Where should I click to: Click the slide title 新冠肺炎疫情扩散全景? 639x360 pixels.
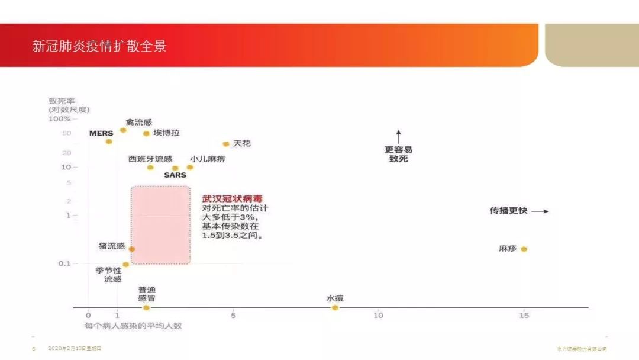pos(99,46)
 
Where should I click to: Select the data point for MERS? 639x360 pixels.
pos(109,141)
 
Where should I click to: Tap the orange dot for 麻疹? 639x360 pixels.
pos(524,249)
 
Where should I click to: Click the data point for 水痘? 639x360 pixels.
pos(335,307)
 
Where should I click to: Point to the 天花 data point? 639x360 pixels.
pos(225,144)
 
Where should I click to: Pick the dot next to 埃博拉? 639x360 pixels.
pos(146,133)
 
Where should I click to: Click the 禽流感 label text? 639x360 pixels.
pos(139,122)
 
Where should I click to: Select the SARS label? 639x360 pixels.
pos(175,175)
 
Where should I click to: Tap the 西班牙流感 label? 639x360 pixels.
pos(150,159)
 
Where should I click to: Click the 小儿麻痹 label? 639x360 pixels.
pos(208,159)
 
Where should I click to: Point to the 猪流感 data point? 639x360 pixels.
pos(131,249)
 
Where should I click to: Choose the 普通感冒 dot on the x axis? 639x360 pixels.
pos(147,307)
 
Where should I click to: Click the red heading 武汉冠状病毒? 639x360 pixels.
pos(233,198)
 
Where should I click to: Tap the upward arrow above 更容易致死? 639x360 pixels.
pos(399,137)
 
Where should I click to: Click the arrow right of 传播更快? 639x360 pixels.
pos(540,211)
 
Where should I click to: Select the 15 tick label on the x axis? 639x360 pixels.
pos(524,315)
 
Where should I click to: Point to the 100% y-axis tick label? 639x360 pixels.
pos(59,119)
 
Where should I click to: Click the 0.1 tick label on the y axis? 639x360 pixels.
pos(64,263)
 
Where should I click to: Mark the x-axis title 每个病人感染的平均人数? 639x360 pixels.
pos(133,326)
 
